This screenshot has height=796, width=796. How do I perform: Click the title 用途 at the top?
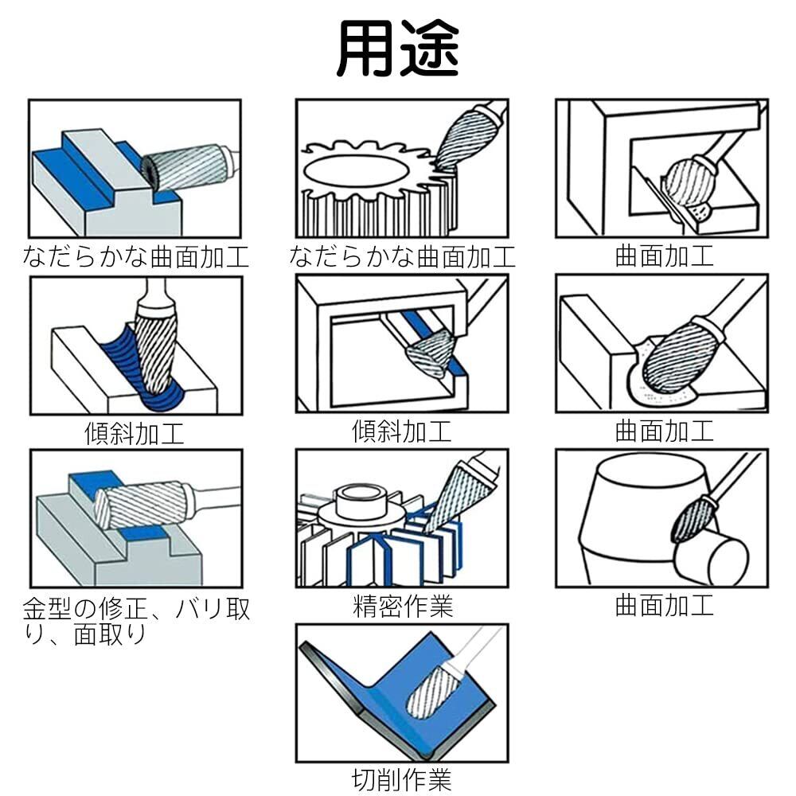(398, 49)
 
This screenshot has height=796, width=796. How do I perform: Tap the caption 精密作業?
(402, 606)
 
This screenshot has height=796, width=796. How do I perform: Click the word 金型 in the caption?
(47, 609)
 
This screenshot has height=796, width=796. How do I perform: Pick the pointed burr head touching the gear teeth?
(465, 138)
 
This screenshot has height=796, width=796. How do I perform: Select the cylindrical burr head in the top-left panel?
(184, 167)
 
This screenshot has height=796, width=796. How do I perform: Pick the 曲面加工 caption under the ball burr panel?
(664, 256)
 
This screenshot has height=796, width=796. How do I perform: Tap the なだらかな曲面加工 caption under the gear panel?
(402, 256)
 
